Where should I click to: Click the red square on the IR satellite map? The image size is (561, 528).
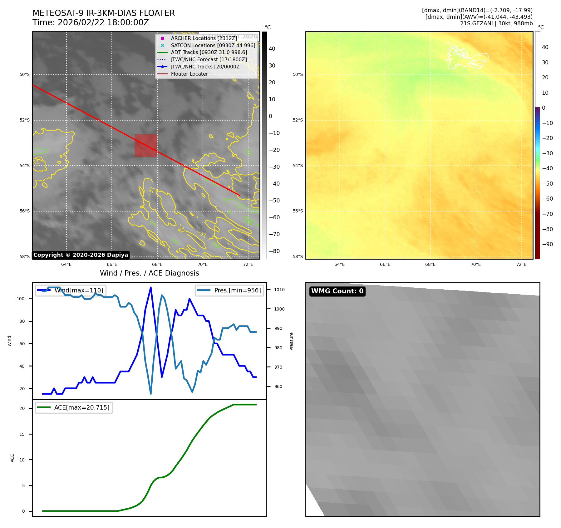pos(146,145)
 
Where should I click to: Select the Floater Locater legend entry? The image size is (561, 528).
pos(189,74)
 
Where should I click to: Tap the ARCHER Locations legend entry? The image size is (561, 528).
pos(204,38)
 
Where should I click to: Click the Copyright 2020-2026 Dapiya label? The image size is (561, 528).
pos(81,255)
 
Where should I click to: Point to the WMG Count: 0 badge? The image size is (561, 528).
pos(337,291)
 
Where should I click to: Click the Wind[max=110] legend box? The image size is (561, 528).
pos(71,290)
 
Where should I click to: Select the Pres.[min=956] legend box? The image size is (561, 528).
pos(229,290)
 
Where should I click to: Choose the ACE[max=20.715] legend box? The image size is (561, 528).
pos(74,407)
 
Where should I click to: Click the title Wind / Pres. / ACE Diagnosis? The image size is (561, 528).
pos(149,273)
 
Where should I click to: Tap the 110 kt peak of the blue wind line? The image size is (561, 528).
pos(151,287)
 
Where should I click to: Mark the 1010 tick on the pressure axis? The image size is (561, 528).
pos(279,290)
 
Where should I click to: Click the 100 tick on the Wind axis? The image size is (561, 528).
pos(21,299)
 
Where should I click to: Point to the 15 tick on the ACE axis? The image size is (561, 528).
pos(22,434)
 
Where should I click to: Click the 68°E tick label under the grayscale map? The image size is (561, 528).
pos(157,265)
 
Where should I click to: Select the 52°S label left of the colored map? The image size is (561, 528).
pos(298,120)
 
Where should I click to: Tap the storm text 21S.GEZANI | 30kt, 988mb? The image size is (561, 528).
pos(496,23)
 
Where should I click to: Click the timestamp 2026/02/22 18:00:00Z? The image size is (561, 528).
pos(103,23)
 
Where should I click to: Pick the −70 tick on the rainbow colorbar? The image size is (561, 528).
pos(547,214)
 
